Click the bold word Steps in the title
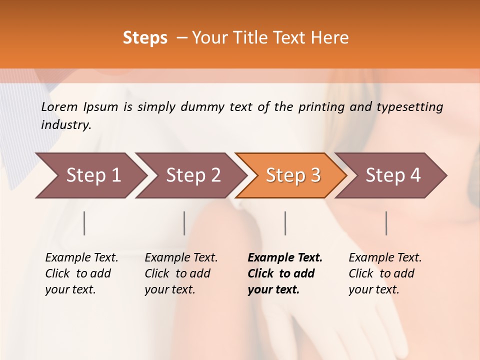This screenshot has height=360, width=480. (x=145, y=38)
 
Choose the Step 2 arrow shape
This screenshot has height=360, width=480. (x=190, y=175)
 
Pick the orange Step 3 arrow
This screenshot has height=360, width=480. (x=290, y=175)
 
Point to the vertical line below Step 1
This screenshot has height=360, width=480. (x=84, y=223)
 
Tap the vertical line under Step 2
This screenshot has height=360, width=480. (x=184, y=223)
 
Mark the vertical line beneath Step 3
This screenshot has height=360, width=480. (x=285, y=223)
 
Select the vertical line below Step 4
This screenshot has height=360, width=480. (x=386, y=223)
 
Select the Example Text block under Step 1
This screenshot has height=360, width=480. (x=81, y=273)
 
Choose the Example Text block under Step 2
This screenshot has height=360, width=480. (x=180, y=273)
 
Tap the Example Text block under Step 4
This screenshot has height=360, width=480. (x=384, y=273)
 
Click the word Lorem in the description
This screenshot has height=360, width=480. (x=59, y=106)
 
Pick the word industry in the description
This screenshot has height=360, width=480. (x=65, y=125)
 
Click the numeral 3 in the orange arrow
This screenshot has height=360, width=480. (x=315, y=175)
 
